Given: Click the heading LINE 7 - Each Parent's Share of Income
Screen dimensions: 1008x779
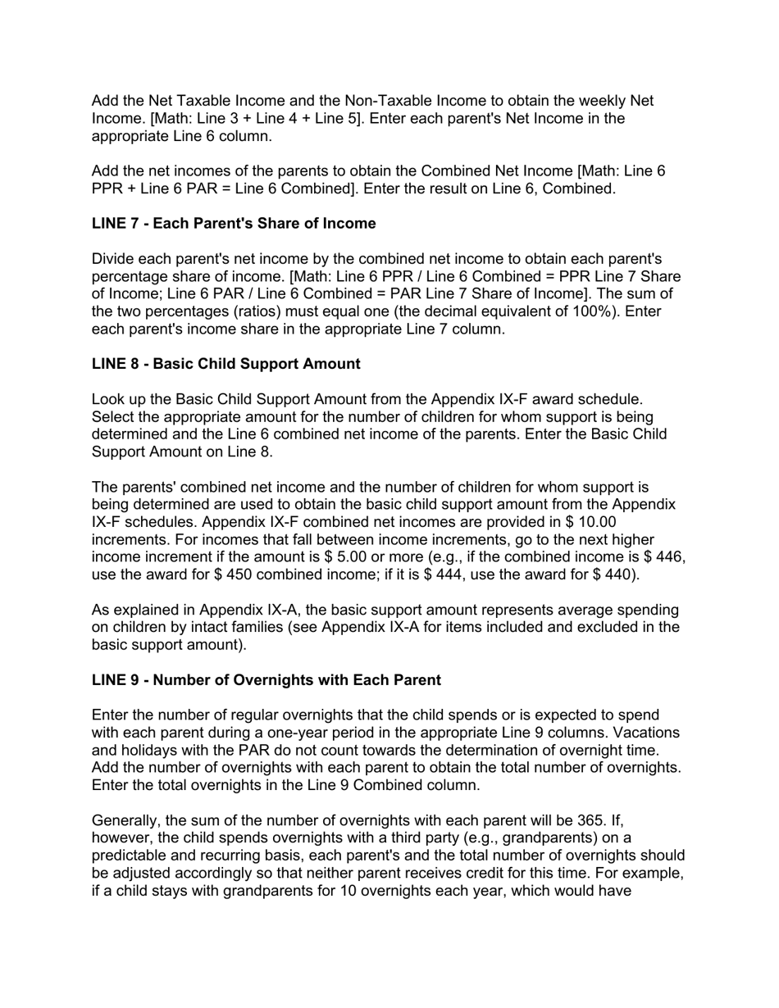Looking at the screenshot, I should coord(234,224).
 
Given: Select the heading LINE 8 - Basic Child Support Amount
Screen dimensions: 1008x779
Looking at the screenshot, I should coord(225,364).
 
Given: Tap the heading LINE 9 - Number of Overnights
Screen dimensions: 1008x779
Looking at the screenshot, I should coord(266,680).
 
